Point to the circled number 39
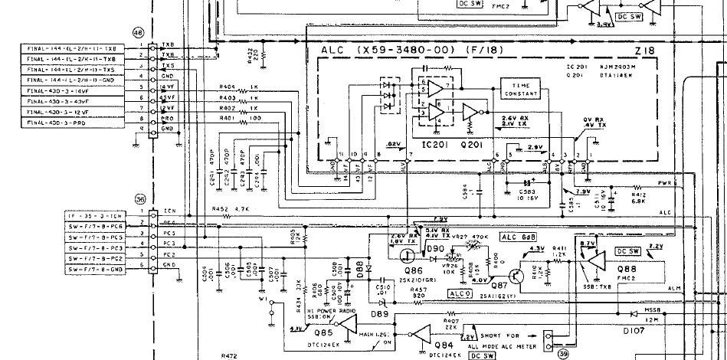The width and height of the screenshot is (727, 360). point(564,353)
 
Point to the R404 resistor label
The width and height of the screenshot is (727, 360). point(227,87)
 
